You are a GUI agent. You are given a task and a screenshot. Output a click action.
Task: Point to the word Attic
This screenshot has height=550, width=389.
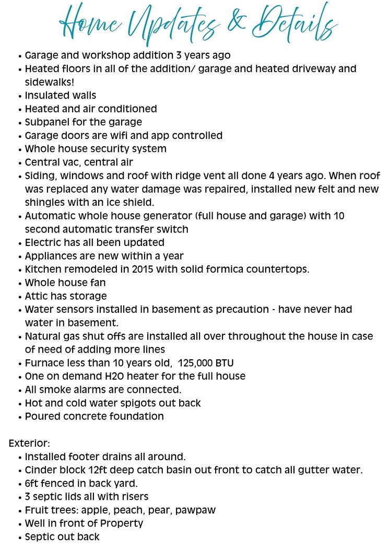tap(37, 296)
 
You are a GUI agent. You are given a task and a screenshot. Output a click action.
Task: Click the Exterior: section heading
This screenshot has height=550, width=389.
tap(30, 443)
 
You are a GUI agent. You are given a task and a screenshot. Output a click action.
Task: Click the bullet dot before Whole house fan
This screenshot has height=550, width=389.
tap(20, 283)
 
